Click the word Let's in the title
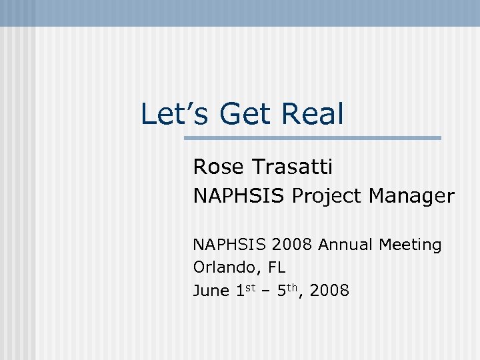[175, 114]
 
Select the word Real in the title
[313, 114]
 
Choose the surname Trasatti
[295, 167]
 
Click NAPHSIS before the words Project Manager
[239, 196]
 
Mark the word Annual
[346, 245]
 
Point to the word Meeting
[410, 246]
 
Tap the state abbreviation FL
[277, 268]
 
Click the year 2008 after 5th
[331, 291]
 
